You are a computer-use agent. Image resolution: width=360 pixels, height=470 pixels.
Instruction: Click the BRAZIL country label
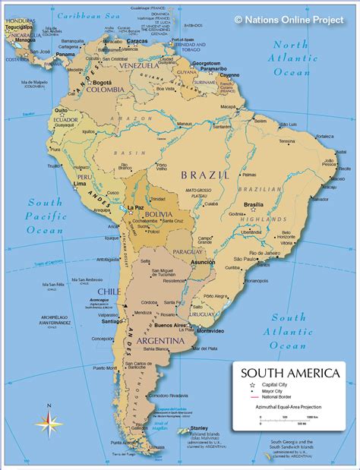pyautogui.click(x=204, y=175)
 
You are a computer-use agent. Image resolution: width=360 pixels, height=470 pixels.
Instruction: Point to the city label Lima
pyautogui.click(x=78, y=184)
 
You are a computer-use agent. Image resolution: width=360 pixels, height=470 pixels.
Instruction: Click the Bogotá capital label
pyautogui.click(x=102, y=81)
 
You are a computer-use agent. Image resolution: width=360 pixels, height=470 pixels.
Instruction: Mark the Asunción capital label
pyautogui.click(x=203, y=261)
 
